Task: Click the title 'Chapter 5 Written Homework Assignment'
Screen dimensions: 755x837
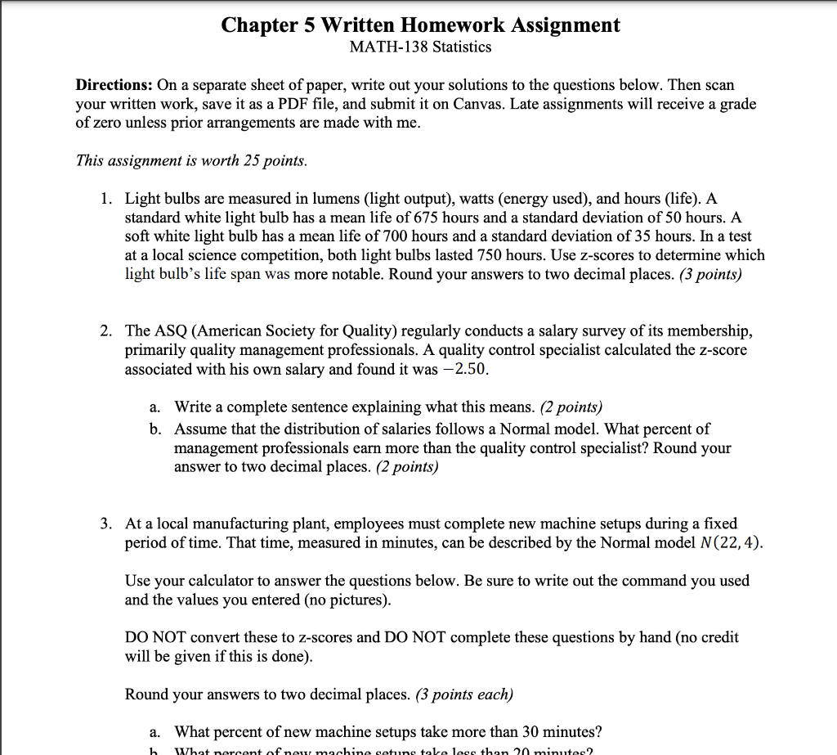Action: coord(420,25)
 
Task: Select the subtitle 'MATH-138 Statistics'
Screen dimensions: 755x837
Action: coord(420,47)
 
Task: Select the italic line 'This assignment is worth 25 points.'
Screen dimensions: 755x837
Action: coord(191,161)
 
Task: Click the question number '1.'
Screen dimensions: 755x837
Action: coord(108,199)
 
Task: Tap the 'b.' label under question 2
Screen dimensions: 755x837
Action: coord(155,429)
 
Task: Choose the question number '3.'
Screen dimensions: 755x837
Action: coord(108,524)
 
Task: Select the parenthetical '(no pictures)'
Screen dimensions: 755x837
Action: coord(347,600)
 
